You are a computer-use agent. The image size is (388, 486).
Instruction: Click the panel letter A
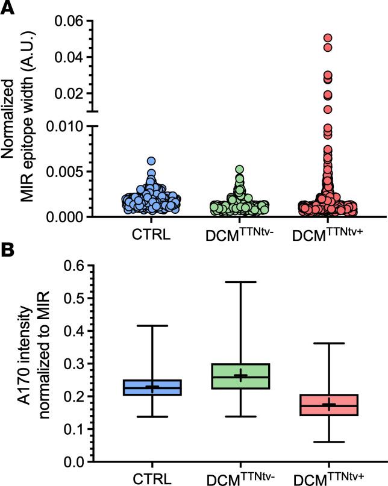click(8, 8)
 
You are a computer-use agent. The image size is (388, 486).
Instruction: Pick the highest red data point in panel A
click(328, 38)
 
